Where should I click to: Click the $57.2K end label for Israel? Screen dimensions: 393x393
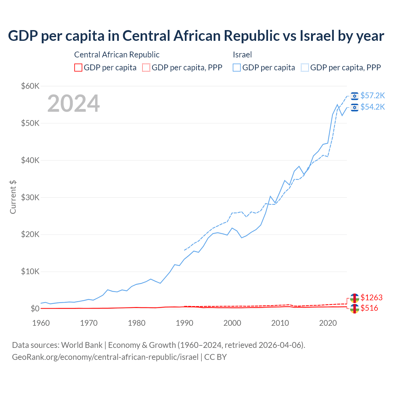tap(372, 96)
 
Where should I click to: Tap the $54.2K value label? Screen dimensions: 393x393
tap(372, 107)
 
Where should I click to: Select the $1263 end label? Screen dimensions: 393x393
tap(372, 298)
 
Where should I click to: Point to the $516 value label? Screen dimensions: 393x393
tap(369, 308)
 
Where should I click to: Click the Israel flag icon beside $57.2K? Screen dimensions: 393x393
tap(355, 96)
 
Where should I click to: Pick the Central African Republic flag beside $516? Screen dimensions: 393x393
tap(355, 309)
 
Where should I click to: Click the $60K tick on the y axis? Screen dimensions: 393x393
tap(30, 86)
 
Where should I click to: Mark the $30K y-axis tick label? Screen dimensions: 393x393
tap(30, 197)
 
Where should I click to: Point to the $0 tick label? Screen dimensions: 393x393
tap(35, 309)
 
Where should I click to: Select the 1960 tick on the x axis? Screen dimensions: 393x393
tap(41, 323)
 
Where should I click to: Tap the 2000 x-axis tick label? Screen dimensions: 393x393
tap(232, 323)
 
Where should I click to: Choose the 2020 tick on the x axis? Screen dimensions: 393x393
tap(328, 323)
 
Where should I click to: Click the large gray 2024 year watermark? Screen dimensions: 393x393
tap(74, 103)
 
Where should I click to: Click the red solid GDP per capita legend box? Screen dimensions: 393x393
tap(78, 68)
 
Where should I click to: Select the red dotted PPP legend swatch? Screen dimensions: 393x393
tap(146, 68)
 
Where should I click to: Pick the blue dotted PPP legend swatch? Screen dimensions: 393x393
tap(305, 68)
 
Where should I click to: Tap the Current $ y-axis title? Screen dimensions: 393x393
tap(13, 197)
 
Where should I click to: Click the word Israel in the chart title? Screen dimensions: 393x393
tap(317, 36)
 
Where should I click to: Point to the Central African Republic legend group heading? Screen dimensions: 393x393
tap(117, 55)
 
